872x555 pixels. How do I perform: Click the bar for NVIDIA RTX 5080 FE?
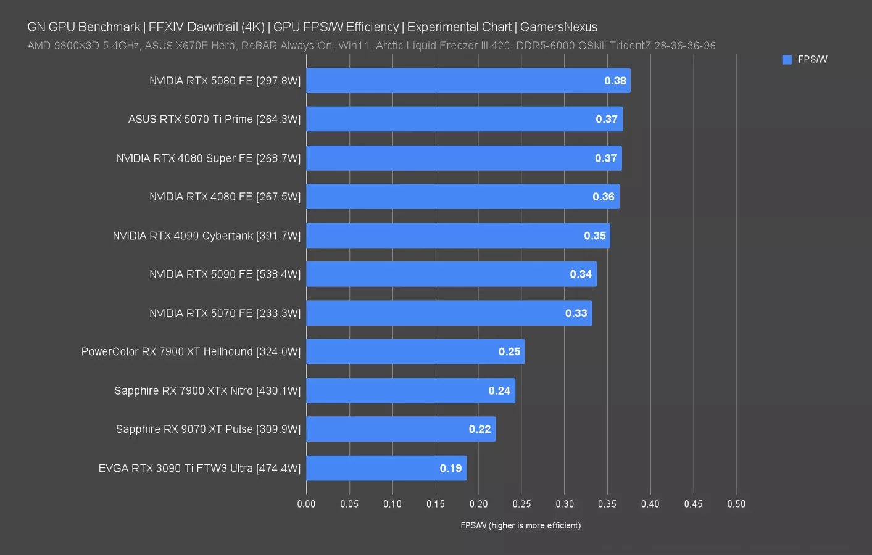pyautogui.click(x=468, y=81)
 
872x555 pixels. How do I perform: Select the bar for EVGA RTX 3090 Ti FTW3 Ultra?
pyautogui.click(x=386, y=468)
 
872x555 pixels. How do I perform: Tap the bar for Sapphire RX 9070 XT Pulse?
pyautogui.click(x=401, y=429)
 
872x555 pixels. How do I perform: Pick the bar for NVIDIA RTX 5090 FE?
pyautogui.click(x=451, y=274)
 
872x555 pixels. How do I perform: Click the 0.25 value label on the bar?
pyautogui.click(x=510, y=351)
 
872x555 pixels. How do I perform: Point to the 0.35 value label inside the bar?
pyautogui.click(x=595, y=236)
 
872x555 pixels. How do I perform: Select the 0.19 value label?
pyautogui.click(x=451, y=468)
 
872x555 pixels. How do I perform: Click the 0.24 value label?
pyautogui.click(x=499, y=390)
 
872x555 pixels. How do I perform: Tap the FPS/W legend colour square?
pyautogui.click(x=787, y=60)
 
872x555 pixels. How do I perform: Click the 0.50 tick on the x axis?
pyautogui.click(x=736, y=504)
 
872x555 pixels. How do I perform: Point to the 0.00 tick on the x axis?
pyautogui.click(x=306, y=504)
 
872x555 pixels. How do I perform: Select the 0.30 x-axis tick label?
pyautogui.click(x=564, y=504)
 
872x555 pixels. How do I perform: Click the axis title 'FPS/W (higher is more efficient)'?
pyautogui.click(x=520, y=525)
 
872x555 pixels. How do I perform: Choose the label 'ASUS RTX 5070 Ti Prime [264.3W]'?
pyautogui.click(x=214, y=119)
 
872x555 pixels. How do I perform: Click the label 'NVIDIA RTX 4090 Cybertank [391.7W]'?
pyautogui.click(x=206, y=236)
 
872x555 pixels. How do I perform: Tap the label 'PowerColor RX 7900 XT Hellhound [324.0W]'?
pyautogui.click(x=191, y=351)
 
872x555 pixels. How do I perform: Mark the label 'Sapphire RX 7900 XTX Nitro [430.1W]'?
pyautogui.click(x=207, y=390)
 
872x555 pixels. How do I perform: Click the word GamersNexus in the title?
pyautogui.click(x=558, y=27)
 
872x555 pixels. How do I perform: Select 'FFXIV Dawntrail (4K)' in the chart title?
pyautogui.click(x=206, y=27)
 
